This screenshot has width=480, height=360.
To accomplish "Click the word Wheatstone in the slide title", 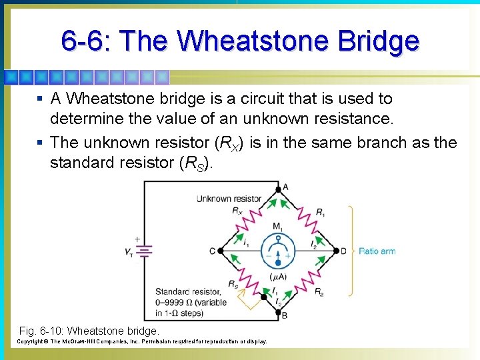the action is pos(256,41).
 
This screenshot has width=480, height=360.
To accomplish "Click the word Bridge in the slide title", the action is pos(379,41).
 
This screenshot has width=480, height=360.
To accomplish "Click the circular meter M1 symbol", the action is pos(277,253).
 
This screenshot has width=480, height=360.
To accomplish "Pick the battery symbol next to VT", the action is pos(143,251).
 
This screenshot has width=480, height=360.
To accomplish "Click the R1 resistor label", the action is pos(321,213).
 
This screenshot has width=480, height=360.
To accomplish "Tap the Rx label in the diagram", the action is pos(237,211).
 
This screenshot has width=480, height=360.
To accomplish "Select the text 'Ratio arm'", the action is pos(377,251).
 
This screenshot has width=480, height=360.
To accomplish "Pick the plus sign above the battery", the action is pos(137,239).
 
